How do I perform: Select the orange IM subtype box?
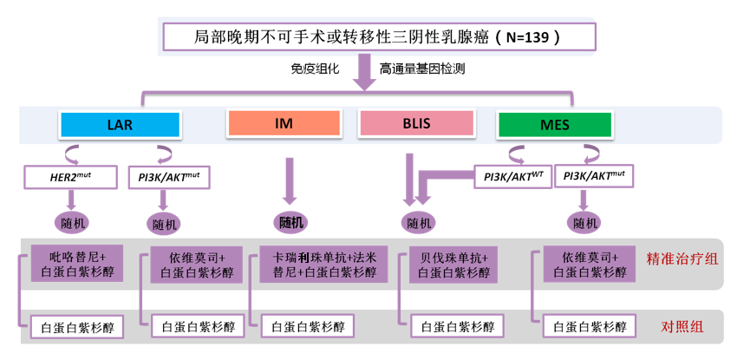click(283, 124)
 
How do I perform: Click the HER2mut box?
click(71, 179)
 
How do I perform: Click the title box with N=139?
click(379, 37)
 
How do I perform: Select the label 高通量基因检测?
click(422, 68)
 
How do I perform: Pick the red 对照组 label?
click(682, 327)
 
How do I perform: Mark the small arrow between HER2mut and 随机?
click(72, 199)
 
